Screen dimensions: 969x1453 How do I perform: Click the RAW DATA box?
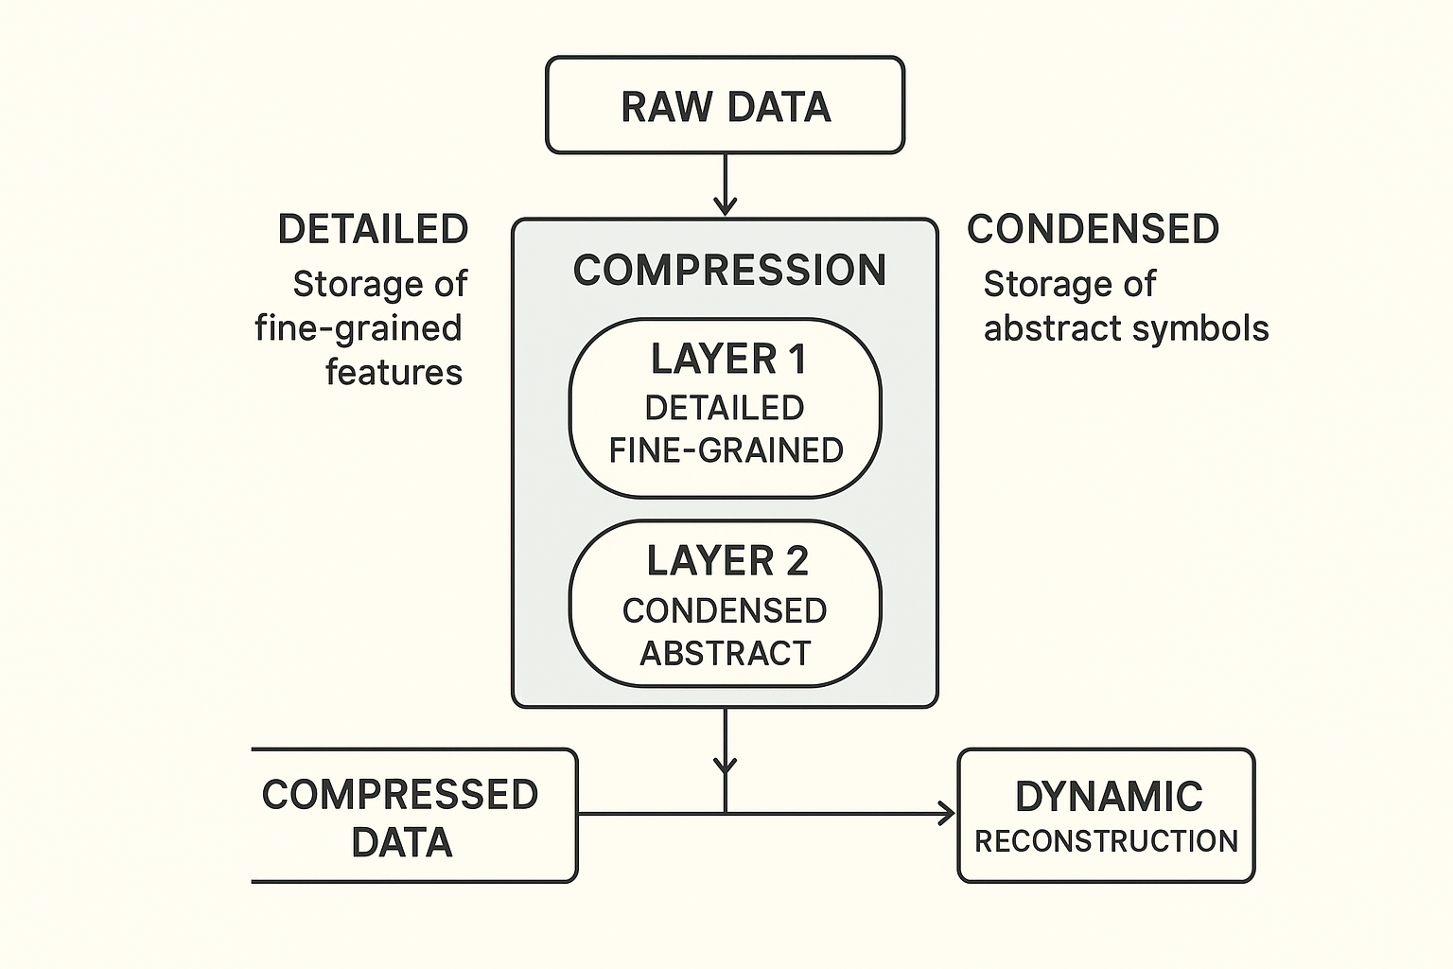[x=726, y=105]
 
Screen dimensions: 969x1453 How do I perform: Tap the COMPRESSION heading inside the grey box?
[x=729, y=270]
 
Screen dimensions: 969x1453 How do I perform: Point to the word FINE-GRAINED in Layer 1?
[x=726, y=450]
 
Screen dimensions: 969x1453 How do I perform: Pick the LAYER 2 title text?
[x=727, y=561]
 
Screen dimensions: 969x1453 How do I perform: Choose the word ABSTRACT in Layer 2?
[x=726, y=654]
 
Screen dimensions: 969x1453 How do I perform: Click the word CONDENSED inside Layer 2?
[x=725, y=610]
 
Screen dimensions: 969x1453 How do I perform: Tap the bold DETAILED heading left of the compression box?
[x=373, y=229]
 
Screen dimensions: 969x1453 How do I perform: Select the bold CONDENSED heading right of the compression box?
[x=1093, y=229]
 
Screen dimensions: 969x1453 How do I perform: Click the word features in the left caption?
[x=394, y=372]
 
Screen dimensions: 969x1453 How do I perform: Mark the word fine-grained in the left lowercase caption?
[x=359, y=328]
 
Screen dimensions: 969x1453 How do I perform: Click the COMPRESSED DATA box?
[x=413, y=816]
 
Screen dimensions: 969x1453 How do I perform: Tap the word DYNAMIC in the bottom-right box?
[x=1109, y=797]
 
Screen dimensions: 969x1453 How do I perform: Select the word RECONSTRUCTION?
[x=1106, y=841]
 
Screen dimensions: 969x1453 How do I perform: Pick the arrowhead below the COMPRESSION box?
[x=726, y=765]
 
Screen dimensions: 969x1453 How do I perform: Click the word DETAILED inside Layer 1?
[x=725, y=408]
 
